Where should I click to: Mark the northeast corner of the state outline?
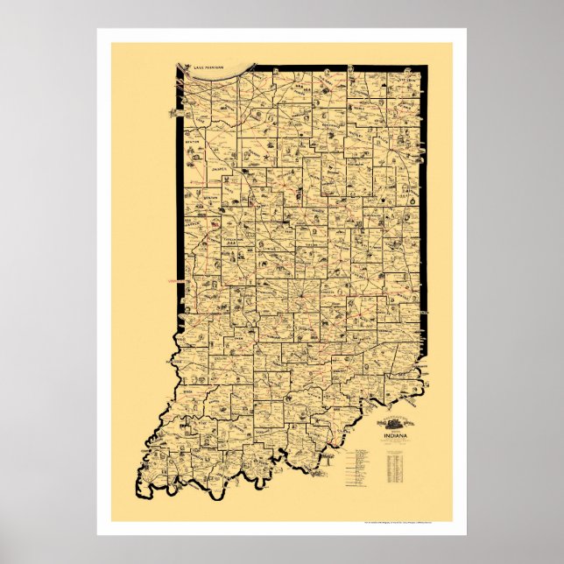pos(421,66)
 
